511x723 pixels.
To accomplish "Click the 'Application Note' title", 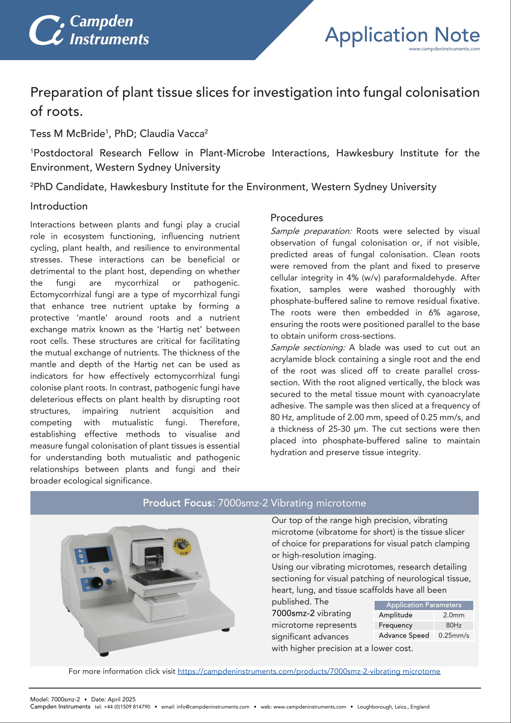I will point(402,35).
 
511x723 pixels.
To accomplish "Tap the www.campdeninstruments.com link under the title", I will point(444,49).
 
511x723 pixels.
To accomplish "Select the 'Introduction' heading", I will point(59,206).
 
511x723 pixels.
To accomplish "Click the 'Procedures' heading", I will point(297,218).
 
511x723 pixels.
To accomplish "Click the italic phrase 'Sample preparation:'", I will point(311,231).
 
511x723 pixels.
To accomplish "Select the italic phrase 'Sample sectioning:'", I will point(308,348).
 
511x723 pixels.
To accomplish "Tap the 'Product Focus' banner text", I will point(178,503).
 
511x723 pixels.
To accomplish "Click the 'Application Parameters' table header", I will point(424,605).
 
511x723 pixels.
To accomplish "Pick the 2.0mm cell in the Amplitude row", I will point(454,615).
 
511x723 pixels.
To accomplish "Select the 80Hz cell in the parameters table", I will point(454,625).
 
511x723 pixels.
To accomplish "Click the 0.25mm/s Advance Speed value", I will point(454,635).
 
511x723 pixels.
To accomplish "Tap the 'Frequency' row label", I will point(395,625).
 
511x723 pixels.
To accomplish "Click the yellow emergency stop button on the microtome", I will point(181,546).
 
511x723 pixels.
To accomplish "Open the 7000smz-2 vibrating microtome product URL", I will point(309,671).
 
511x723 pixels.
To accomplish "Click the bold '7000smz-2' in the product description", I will point(293,613).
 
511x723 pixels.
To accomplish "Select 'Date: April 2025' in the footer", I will point(113,699).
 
